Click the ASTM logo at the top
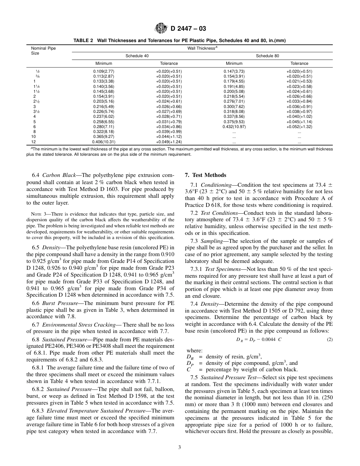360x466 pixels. (159, 29)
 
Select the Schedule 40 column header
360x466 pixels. (137, 56)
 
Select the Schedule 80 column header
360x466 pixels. (267, 56)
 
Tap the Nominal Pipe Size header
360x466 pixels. (43, 51)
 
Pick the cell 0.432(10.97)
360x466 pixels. (234, 127)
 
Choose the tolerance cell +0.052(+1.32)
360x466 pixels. (299, 127)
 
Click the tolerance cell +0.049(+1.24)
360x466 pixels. (169, 142)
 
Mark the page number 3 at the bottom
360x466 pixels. (180, 447)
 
